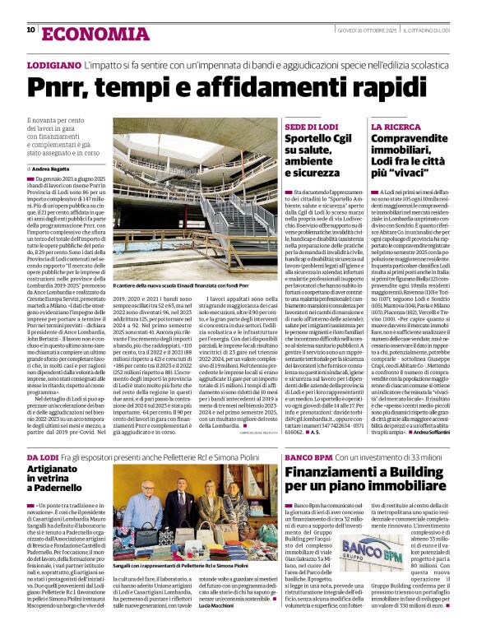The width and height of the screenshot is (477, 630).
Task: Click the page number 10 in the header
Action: click(30, 30)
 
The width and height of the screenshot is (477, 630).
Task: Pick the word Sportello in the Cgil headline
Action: click(311, 140)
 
